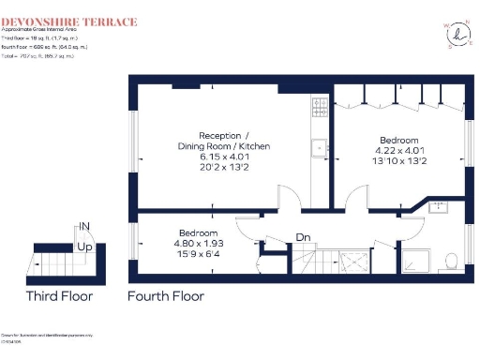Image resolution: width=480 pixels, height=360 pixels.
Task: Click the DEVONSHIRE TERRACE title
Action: (69, 22)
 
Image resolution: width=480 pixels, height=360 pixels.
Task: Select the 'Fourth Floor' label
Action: (166, 296)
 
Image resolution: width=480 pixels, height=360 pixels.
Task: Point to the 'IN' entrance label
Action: (84, 227)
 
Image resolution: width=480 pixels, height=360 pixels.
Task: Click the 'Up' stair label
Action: (84, 247)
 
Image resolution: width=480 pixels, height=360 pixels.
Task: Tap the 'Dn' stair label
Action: (303, 237)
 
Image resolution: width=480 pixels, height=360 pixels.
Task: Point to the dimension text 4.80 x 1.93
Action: (198, 241)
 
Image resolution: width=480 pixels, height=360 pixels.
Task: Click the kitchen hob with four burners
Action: (319, 106)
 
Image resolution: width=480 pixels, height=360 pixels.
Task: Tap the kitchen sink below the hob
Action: (319, 146)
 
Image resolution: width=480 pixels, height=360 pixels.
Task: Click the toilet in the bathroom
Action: (451, 260)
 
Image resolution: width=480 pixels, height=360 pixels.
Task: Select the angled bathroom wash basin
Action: (438, 206)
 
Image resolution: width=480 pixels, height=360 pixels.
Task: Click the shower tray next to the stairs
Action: (360, 261)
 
